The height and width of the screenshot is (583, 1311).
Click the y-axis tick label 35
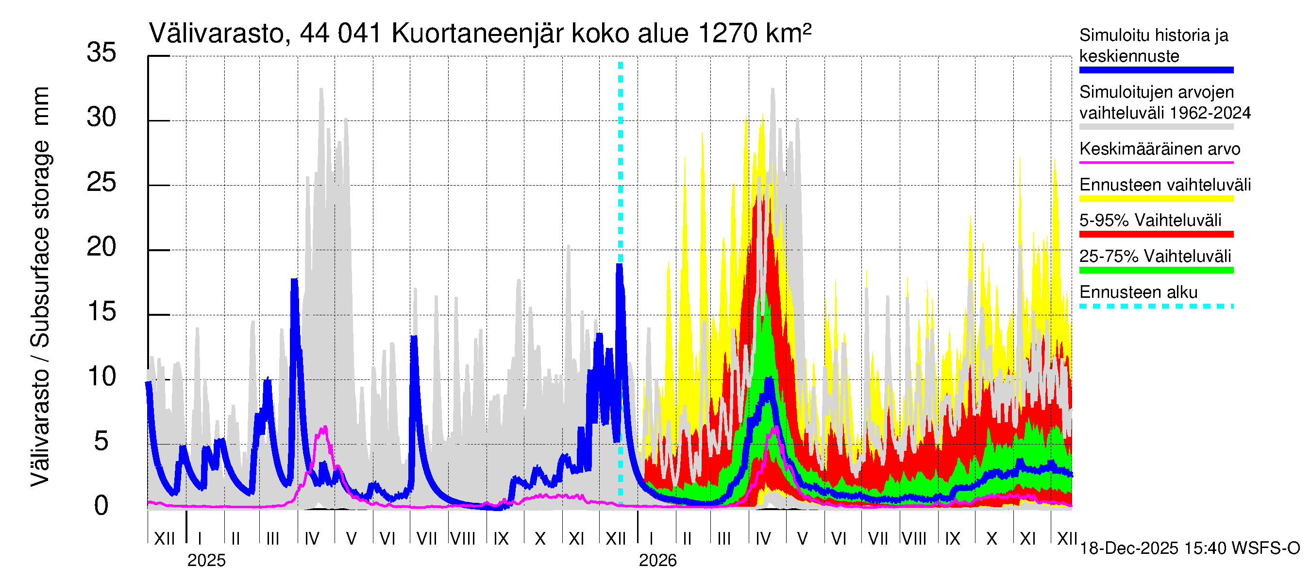coord(101,53)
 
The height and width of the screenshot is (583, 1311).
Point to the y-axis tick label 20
coord(101,247)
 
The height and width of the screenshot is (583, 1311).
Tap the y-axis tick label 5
coord(101,442)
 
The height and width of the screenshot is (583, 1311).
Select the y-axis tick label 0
coord(101,506)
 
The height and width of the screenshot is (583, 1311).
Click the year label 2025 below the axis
coord(206,561)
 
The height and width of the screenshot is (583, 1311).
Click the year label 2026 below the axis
coord(657,561)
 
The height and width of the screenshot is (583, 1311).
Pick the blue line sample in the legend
coord(1156,70)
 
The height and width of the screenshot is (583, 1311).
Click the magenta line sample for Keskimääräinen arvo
coord(1156,162)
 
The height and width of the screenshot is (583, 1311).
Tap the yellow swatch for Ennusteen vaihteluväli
coord(1156,199)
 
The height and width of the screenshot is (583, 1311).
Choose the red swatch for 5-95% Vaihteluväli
coord(1156,234)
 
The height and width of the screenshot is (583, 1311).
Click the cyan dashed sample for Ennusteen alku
coord(1156,306)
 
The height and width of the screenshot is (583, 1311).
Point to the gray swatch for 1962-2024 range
coord(1156,127)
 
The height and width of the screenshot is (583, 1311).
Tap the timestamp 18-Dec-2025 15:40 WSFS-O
coord(1189,549)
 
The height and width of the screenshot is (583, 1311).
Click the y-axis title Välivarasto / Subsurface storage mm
coord(41,286)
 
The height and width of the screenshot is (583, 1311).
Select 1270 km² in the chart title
coord(754,34)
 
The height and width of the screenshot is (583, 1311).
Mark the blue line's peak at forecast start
coord(620,265)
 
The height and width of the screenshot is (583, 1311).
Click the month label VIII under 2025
coord(463,539)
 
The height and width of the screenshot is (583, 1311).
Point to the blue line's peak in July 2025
coord(414,338)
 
